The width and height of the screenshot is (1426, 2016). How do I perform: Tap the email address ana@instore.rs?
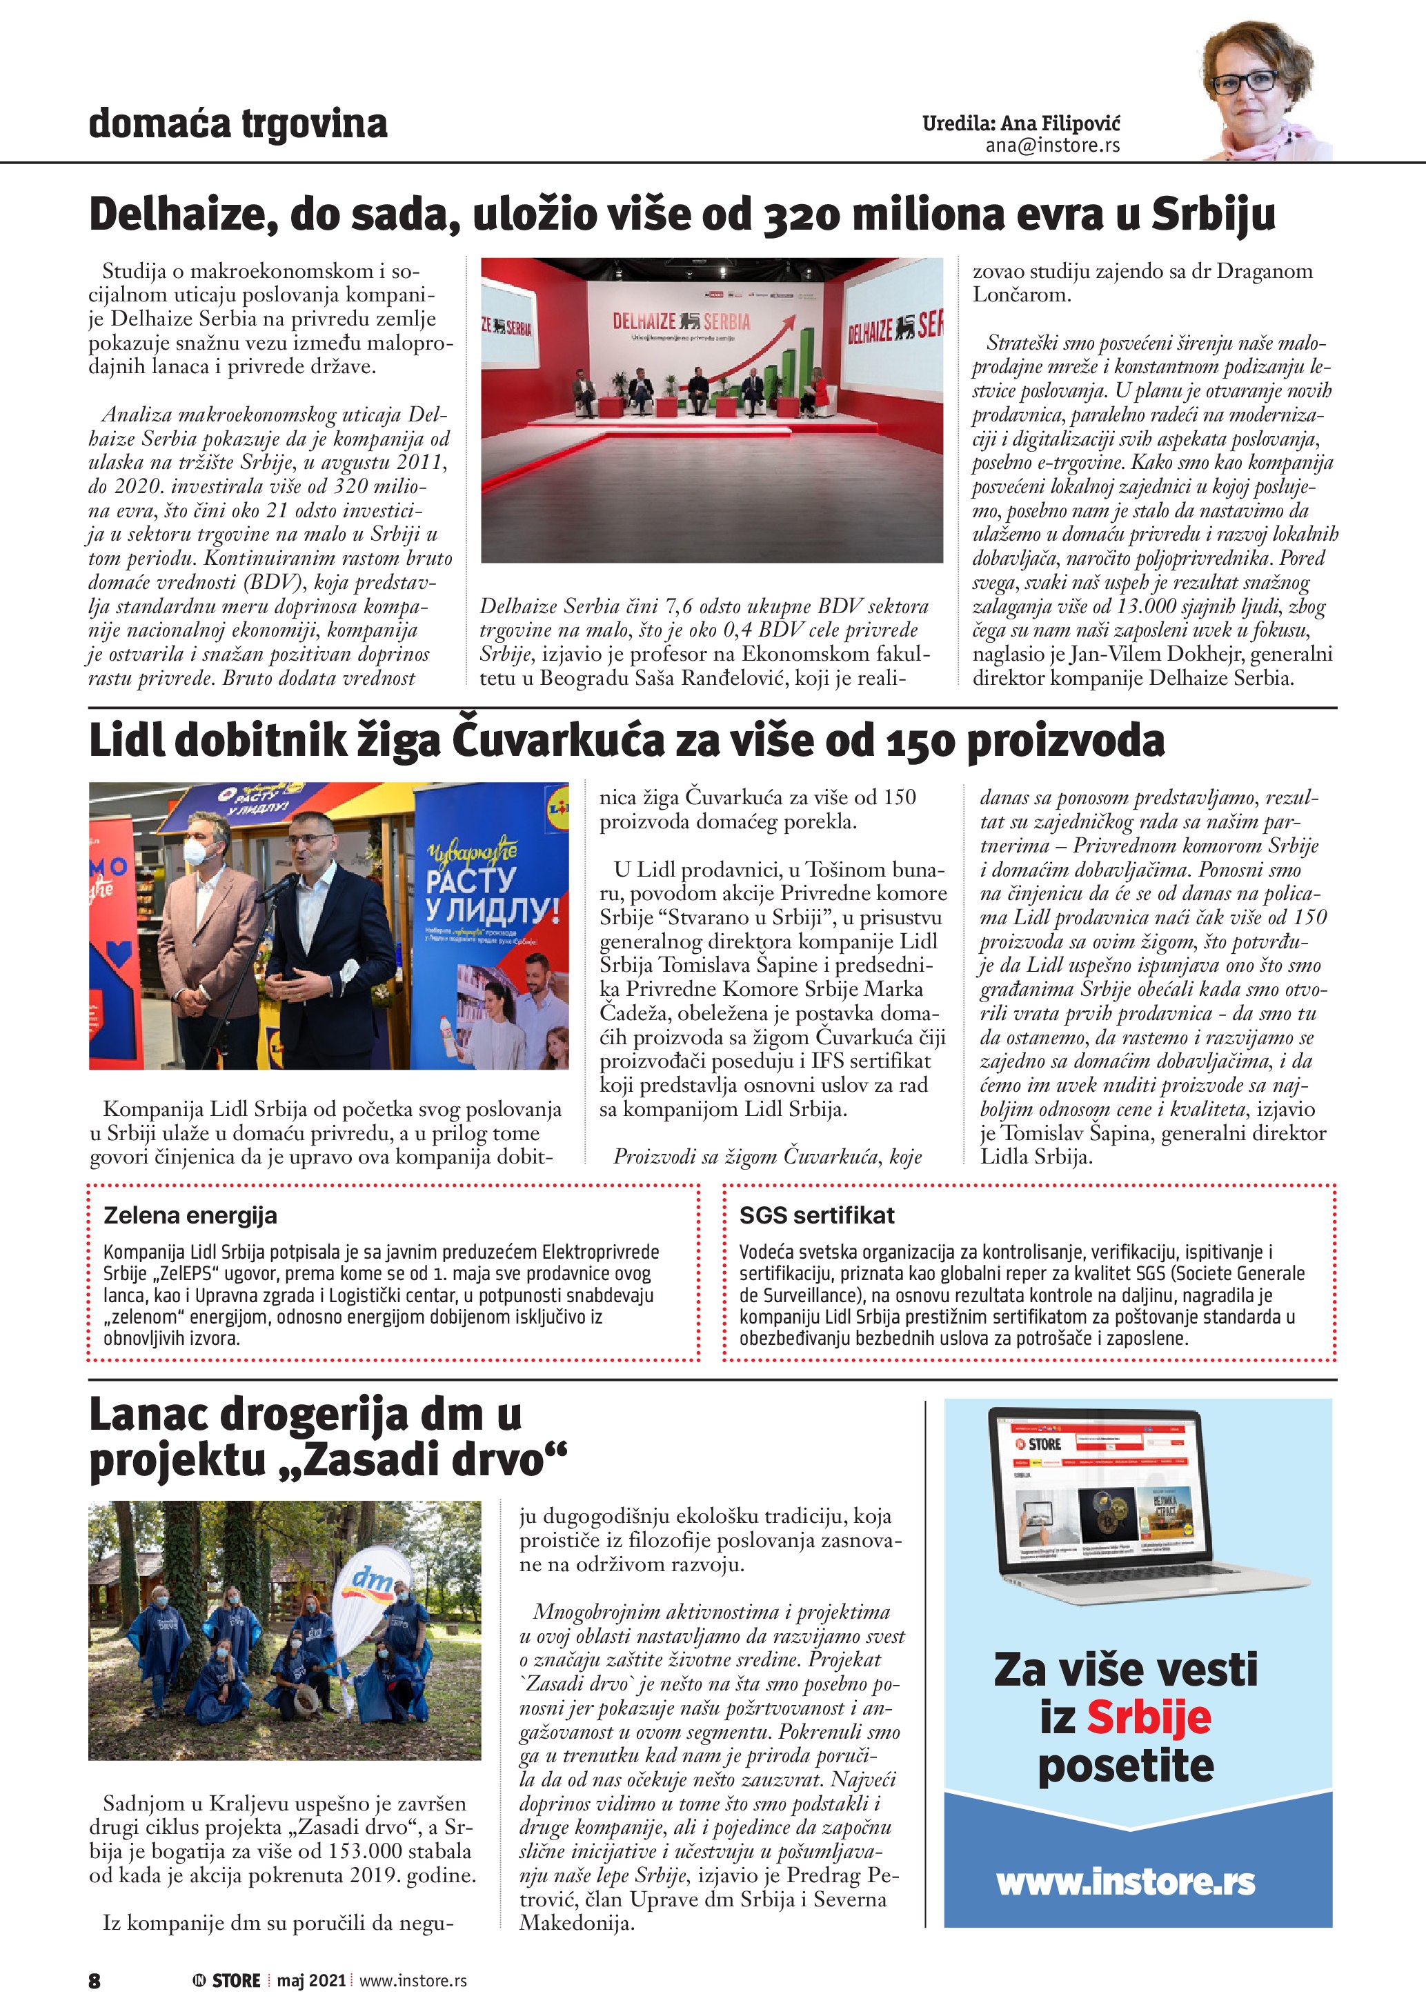click(x=1052, y=146)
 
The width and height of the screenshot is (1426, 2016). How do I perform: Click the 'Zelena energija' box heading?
click(x=190, y=1215)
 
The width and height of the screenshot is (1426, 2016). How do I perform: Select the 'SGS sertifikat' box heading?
click(x=817, y=1215)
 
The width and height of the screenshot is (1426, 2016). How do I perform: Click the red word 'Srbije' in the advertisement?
click(x=1149, y=1717)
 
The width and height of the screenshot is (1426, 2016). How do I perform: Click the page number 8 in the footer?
click(x=95, y=1981)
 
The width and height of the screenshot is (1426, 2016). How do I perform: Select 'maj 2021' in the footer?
click(x=311, y=1981)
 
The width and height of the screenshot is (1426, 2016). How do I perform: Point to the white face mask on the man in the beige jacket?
click(x=196, y=852)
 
